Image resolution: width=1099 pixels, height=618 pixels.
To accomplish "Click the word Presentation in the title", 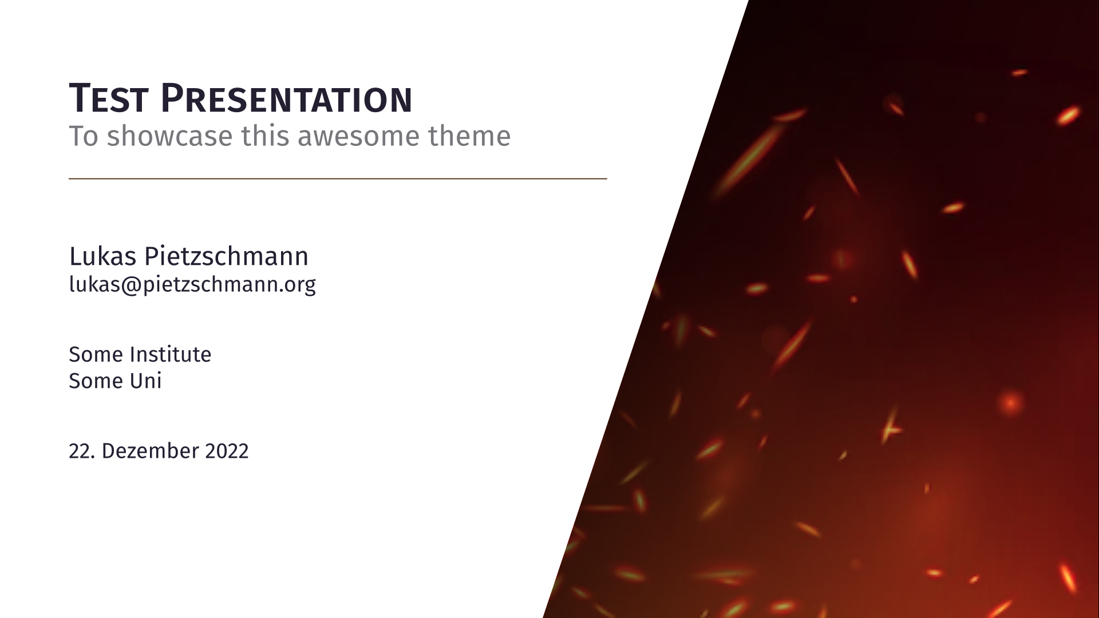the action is pyautogui.click(x=286, y=98).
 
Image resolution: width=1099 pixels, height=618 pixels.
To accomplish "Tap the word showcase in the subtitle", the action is pyautogui.click(x=169, y=136).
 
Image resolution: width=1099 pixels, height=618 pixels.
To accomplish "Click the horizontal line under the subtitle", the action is pyautogui.click(x=338, y=179).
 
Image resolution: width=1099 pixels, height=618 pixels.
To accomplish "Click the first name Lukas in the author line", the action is pyautogui.click(x=103, y=256).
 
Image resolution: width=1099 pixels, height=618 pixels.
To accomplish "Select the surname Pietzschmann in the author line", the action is pyautogui.click(x=226, y=256).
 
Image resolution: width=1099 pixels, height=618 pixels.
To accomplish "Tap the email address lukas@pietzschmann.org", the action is pyautogui.click(x=192, y=284).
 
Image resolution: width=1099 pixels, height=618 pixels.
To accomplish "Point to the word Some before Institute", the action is pyautogui.click(x=96, y=355).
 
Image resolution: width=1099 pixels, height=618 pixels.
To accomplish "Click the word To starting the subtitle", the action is pyautogui.click(x=84, y=136).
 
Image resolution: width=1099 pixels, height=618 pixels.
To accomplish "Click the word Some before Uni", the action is pyautogui.click(x=96, y=381).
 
